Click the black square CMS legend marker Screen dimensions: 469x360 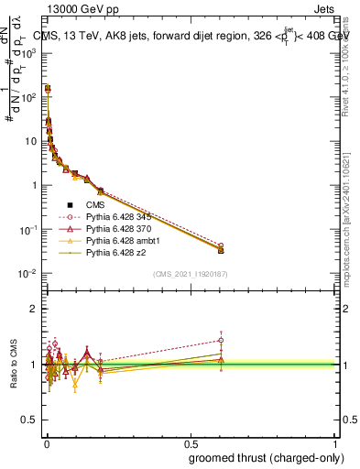click(70, 204)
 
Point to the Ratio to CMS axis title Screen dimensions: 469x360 click(15, 364)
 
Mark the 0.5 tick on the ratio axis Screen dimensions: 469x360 click(30, 420)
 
